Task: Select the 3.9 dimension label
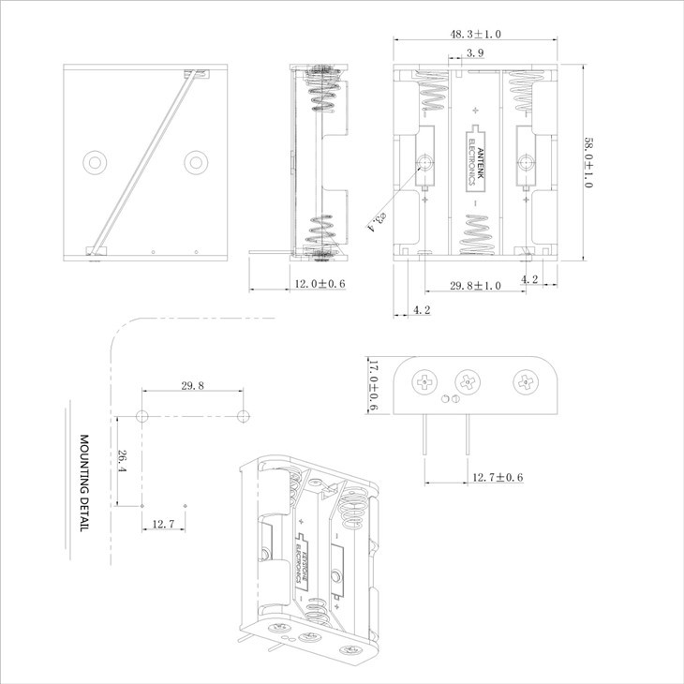(474, 54)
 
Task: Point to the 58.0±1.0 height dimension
(588, 163)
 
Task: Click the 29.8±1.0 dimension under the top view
(474, 285)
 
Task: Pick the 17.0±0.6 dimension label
(372, 386)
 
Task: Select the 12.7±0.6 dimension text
(495, 478)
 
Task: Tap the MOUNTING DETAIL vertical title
(82, 483)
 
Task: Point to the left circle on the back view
(96, 162)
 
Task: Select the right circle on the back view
(195, 162)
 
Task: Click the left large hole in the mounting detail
(142, 415)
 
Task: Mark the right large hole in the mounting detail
(243, 415)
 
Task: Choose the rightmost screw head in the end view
(523, 381)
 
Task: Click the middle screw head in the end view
(466, 381)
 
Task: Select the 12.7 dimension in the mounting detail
(163, 524)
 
